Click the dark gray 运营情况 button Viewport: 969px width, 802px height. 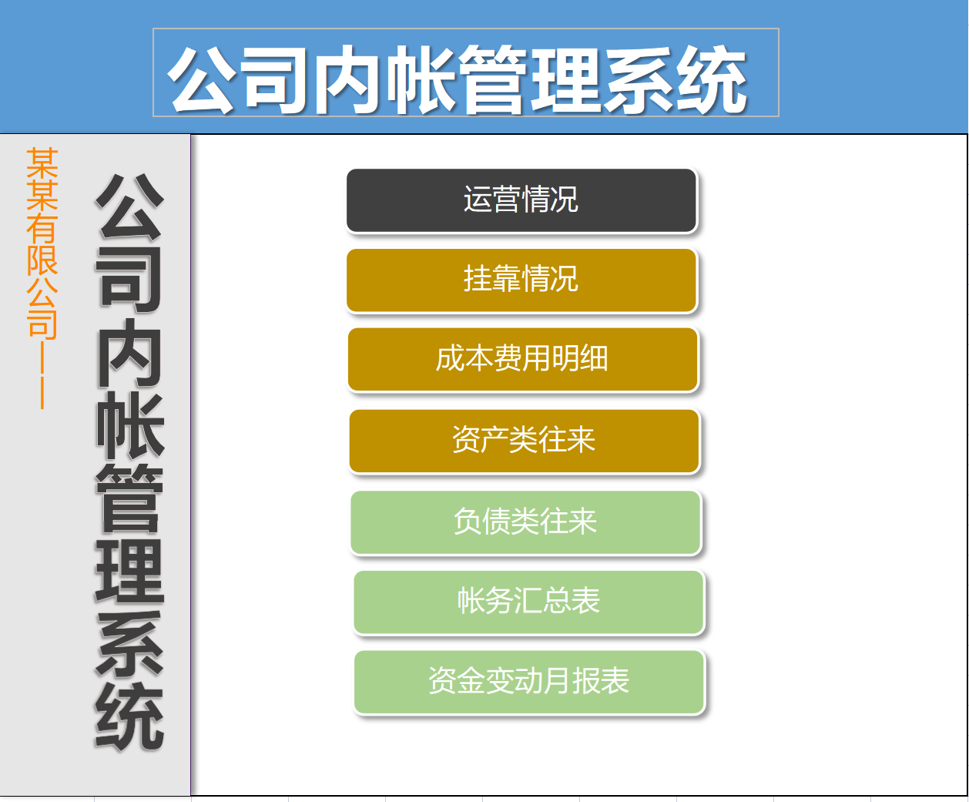521,200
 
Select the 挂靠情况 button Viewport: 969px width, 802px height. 521,280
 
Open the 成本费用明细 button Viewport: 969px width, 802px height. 522,359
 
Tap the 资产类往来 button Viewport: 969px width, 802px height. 524,441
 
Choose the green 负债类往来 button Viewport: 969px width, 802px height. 525,522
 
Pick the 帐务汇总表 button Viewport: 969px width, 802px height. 528,602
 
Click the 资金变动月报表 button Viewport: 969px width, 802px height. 529,682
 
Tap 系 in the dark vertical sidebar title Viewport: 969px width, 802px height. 129,644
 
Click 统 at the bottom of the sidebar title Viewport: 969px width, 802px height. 129,716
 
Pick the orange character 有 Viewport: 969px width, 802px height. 42,228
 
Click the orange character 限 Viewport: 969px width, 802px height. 42,260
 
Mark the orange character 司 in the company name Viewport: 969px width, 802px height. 42,324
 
